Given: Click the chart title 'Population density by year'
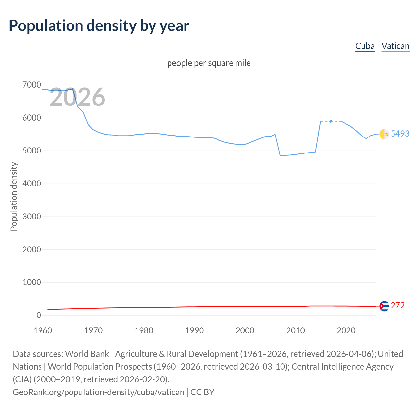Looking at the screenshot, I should point(99,26).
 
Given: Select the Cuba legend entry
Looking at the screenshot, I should point(365,46).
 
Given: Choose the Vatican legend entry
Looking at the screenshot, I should point(395,46).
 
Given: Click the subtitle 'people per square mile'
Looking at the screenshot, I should point(209,63).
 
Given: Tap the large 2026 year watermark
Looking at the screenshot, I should point(77,97).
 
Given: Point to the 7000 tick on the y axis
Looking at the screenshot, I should point(32,85).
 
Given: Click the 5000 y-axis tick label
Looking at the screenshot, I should point(32,151).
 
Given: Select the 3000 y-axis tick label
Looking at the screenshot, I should point(32,217).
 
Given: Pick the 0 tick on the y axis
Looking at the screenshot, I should point(39,315).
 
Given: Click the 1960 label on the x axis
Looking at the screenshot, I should point(43,330).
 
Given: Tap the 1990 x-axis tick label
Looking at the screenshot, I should point(194,330).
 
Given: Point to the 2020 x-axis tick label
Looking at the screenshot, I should point(346,330).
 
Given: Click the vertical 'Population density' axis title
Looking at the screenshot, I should point(14,197).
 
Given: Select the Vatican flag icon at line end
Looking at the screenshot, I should point(384,134).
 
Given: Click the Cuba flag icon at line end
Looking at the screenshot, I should point(384,306).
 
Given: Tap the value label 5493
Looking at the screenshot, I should point(400,134).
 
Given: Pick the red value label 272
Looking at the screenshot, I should point(397,305).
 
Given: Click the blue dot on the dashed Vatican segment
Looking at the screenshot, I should point(331,121).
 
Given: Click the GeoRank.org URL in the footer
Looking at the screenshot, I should point(98,392).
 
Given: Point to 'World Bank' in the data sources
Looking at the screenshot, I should point(87,354).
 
